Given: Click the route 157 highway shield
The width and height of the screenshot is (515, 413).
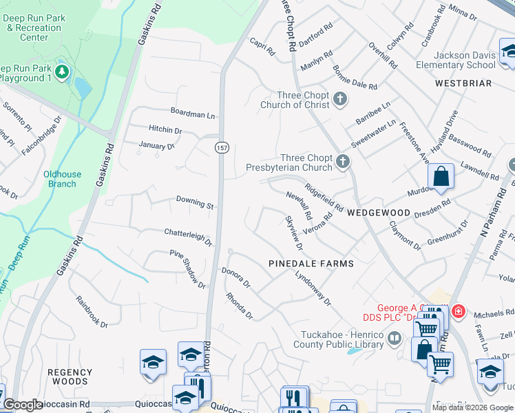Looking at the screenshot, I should coord(222,148).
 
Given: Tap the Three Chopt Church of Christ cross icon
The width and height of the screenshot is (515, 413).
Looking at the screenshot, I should coord(339,100).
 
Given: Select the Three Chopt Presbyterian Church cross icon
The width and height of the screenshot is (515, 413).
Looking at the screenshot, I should coord(343,162).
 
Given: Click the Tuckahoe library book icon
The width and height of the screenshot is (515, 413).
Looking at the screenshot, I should coord(395,338).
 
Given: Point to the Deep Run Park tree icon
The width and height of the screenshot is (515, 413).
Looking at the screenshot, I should coord(62,72).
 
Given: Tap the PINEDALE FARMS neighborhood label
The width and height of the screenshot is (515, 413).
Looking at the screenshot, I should coord(311,264).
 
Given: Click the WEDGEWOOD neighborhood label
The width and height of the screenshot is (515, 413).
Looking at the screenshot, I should coord(379,213).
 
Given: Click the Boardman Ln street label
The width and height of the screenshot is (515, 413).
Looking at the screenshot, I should coord(193,114).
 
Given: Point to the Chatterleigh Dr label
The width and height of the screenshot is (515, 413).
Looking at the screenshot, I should coord(188,235).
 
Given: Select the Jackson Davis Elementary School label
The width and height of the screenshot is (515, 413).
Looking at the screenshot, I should coord(455,60).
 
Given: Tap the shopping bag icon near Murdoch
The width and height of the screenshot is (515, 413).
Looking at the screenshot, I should coord(441,176).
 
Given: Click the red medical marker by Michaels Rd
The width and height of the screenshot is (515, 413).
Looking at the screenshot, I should coord(456,312).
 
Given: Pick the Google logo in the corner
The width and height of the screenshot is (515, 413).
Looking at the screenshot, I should coord(23,405).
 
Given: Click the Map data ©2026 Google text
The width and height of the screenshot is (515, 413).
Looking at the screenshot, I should coord(472,407).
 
